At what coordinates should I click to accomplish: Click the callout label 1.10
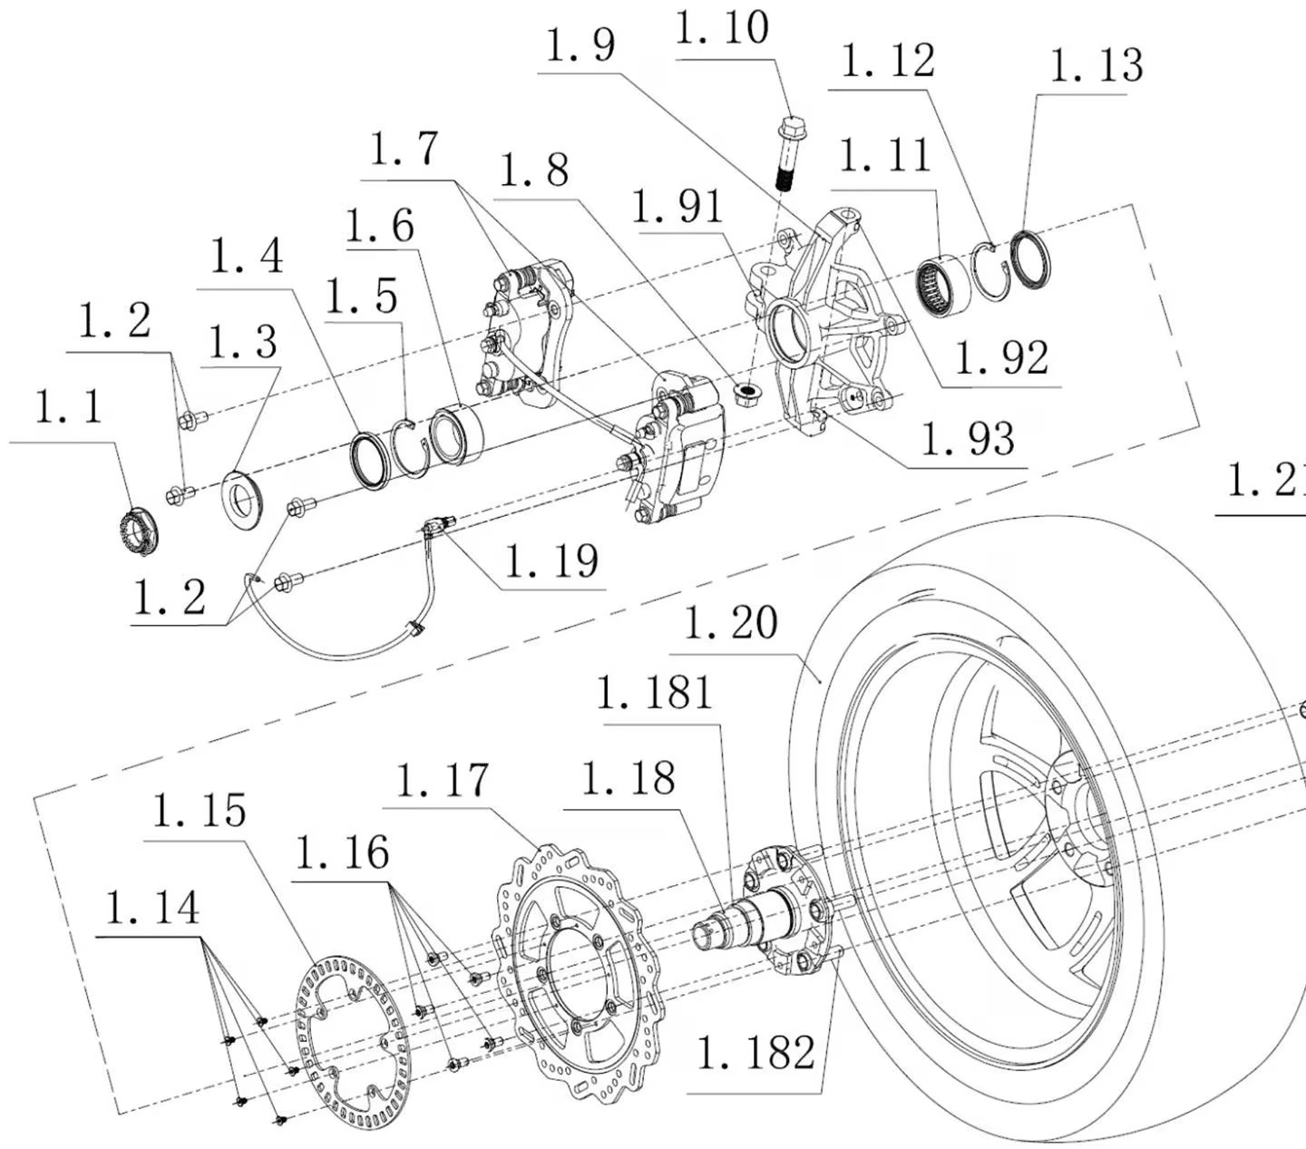(723, 29)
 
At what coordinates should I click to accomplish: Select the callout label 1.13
(1096, 66)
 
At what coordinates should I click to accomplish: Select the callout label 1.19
(551, 561)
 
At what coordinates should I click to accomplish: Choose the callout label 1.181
(655, 695)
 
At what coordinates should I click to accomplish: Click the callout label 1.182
(755, 1052)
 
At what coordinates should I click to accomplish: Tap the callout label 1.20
(730, 623)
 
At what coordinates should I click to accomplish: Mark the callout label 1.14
(152, 909)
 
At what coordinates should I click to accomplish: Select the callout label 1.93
(968, 440)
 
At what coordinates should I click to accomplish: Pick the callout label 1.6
(380, 225)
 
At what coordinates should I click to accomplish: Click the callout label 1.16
(342, 853)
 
